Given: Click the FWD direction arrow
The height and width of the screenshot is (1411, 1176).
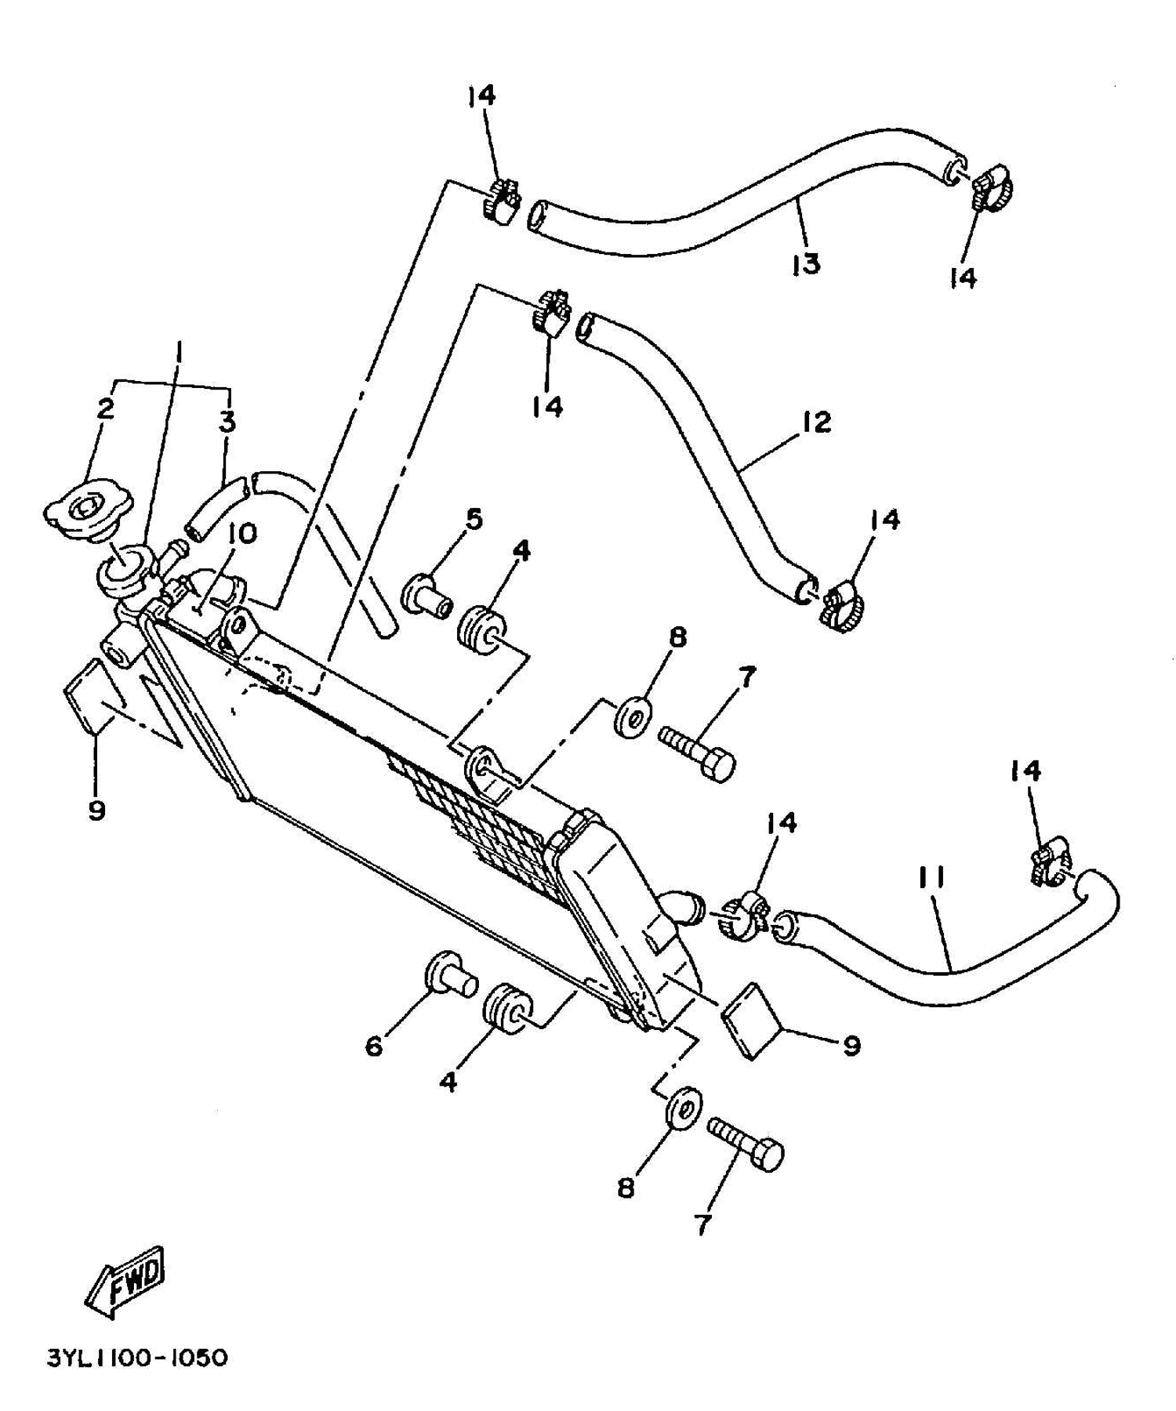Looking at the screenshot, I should click(x=125, y=1280).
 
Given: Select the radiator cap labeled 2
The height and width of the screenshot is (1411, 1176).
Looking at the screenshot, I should click(x=88, y=510).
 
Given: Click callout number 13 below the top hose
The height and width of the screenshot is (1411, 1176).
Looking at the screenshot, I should click(x=805, y=263).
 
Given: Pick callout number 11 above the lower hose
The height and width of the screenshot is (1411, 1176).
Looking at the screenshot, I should click(x=931, y=879).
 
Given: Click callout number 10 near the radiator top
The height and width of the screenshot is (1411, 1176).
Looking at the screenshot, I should click(x=242, y=534).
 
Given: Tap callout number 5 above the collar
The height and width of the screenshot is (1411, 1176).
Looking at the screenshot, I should click(x=473, y=519).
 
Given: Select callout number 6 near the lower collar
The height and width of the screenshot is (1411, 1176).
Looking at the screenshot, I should click(x=374, y=1045).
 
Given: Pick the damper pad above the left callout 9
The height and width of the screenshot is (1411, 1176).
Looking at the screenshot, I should click(x=90, y=694).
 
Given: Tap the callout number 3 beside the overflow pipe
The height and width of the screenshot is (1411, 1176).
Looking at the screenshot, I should click(x=227, y=422).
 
